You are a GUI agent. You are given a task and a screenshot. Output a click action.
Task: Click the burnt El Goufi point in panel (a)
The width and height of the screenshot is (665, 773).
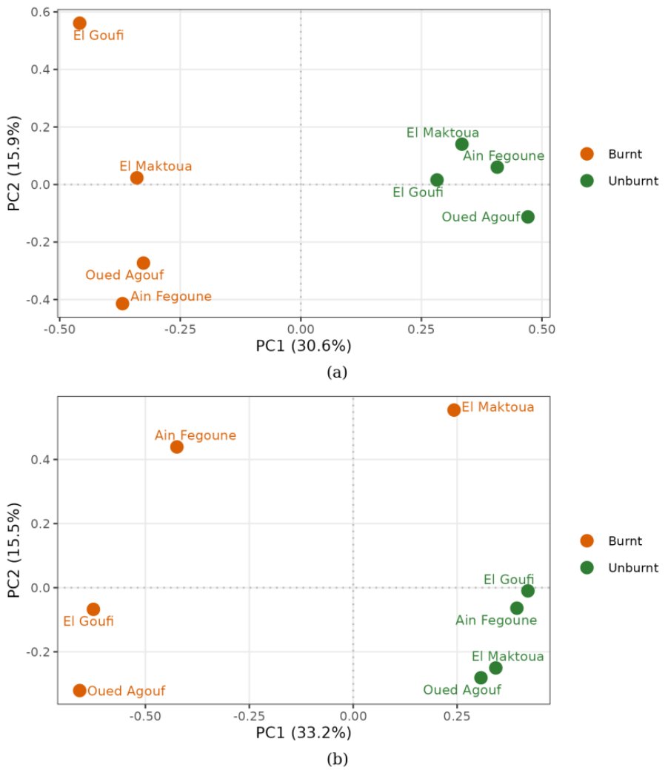[80, 23]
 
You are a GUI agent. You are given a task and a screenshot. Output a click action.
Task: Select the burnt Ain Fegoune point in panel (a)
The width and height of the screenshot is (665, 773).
[122, 303]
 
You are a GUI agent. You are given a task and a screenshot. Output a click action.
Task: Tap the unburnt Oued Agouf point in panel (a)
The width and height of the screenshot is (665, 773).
[527, 216]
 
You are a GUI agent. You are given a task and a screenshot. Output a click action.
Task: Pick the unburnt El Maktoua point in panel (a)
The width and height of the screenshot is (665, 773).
[462, 144]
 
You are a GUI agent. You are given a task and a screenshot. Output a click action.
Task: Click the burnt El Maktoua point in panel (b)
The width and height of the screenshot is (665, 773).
[454, 409]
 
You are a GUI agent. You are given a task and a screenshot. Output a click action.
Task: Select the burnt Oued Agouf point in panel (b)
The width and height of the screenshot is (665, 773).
[80, 690]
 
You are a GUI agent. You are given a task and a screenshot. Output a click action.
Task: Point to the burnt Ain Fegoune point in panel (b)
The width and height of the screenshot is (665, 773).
[176, 446]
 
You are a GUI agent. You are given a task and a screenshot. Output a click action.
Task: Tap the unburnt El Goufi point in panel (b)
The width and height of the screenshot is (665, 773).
[527, 590]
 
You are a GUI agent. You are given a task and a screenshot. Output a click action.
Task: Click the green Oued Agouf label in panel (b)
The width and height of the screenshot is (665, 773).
[462, 689]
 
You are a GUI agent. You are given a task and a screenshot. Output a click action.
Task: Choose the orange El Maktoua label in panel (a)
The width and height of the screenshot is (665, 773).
[156, 166]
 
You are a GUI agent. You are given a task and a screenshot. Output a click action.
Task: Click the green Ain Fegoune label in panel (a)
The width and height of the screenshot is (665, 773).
[504, 155]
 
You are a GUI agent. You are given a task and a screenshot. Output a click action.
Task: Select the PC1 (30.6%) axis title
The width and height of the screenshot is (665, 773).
[304, 346]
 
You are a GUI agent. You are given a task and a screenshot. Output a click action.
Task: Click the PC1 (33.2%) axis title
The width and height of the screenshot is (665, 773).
[304, 732]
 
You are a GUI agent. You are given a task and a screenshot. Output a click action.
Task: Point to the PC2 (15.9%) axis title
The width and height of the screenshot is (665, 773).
[14, 163]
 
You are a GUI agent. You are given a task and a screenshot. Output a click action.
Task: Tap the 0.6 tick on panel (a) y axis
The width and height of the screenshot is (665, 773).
[41, 12]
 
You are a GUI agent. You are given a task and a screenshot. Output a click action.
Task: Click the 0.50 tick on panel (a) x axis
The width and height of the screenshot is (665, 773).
[542, 329]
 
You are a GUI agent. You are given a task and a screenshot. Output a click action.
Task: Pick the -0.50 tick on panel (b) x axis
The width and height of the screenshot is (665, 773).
[145, 716]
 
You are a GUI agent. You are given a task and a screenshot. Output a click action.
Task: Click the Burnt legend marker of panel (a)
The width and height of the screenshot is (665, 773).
[587, 154]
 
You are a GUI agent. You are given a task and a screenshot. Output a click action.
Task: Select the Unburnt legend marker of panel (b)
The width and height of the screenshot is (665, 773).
[587, 567]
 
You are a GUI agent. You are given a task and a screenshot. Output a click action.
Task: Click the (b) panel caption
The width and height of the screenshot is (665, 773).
[337, 759]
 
